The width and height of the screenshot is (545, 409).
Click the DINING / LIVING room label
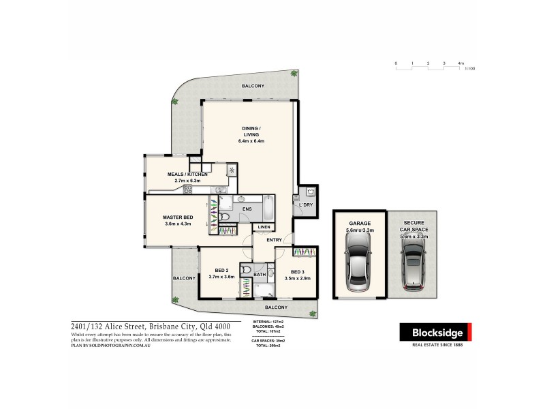point(251,131)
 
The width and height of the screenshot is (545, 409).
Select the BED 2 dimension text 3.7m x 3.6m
point(221,276)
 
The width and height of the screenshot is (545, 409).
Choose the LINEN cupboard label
point(264,227)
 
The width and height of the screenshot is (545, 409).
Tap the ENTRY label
point(274,239)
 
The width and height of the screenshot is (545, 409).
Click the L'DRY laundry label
point(305,204)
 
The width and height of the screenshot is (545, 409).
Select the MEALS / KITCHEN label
point(187,175)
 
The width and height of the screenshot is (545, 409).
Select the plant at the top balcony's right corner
point(294,73)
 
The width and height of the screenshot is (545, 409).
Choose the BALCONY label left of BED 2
point(184,278)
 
